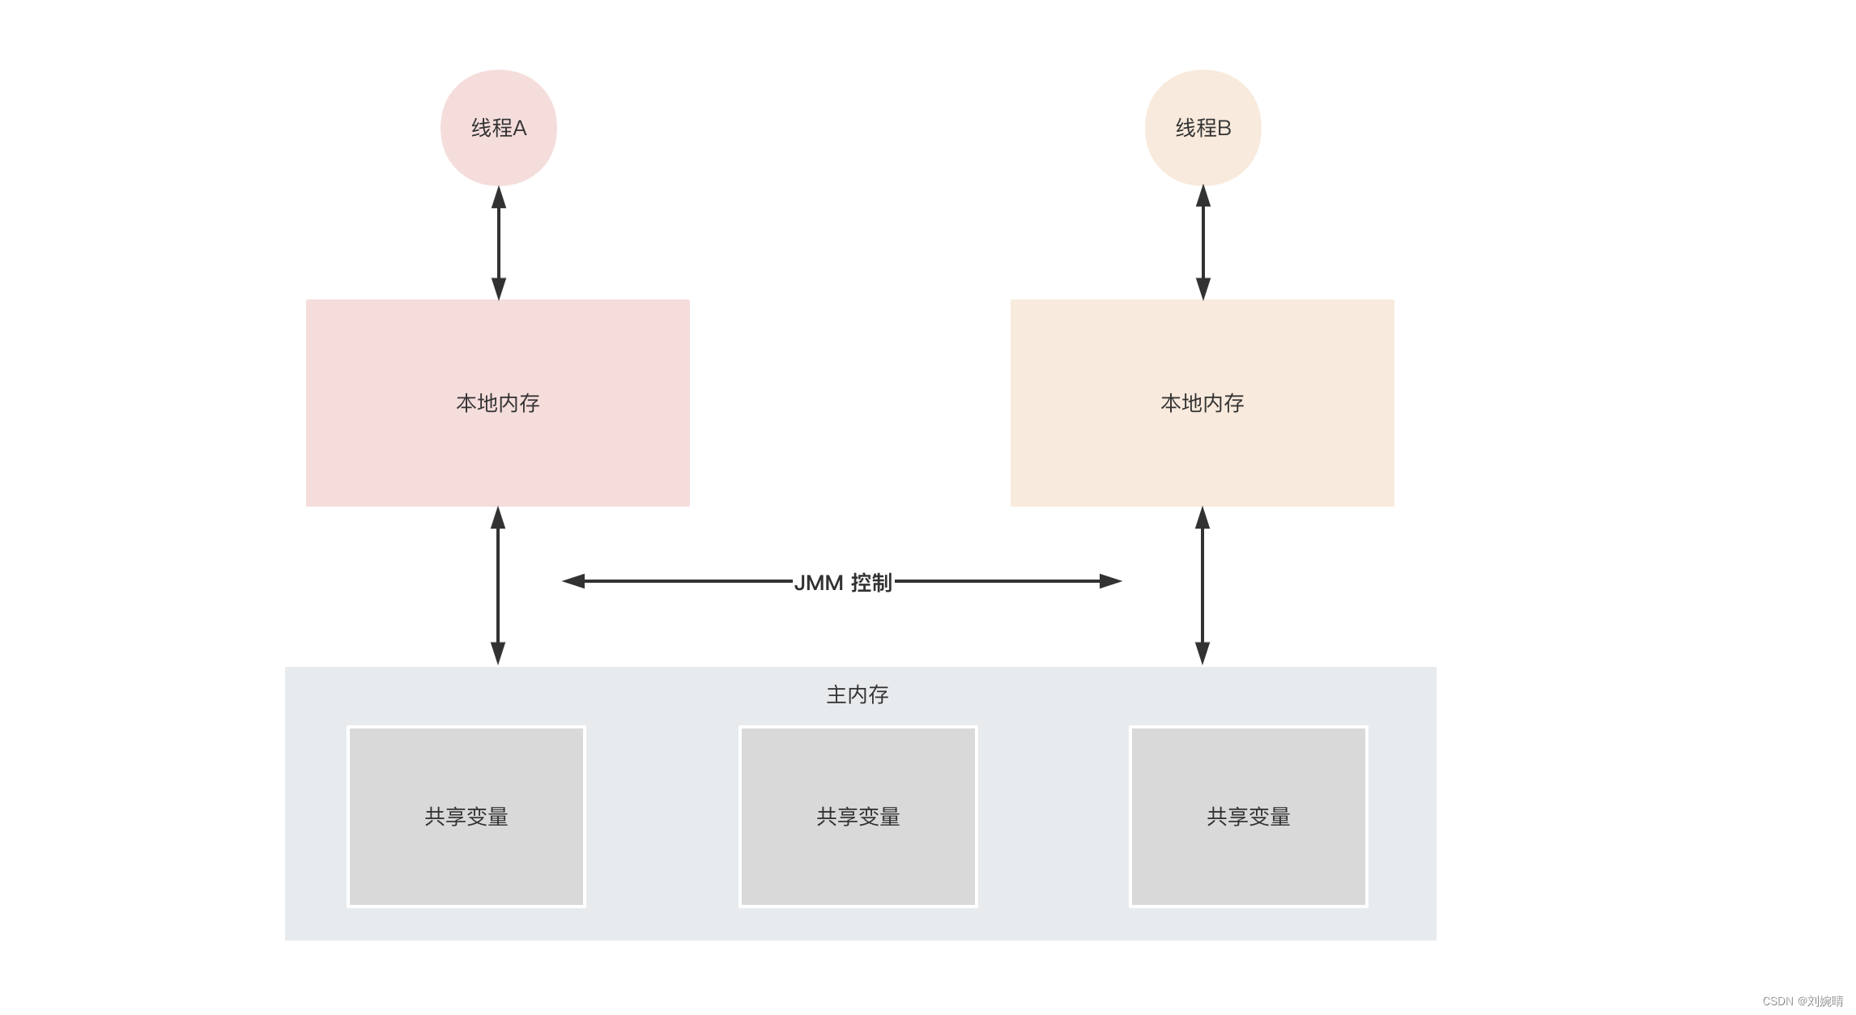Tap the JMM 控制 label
(843, 582)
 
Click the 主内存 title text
(858, 694)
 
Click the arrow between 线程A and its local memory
(499, 243)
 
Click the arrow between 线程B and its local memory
(1203, 243)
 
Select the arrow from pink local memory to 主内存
(498, 586)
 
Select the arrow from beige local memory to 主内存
(1203, 586)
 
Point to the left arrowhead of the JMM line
(573, 581)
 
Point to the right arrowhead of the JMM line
(1110, 581)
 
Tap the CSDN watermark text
(1803, 1001)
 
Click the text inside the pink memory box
(497, 403)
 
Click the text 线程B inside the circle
(1203, 128)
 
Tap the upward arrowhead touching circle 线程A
(499, 197)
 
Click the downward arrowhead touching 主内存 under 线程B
(1203, 653)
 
